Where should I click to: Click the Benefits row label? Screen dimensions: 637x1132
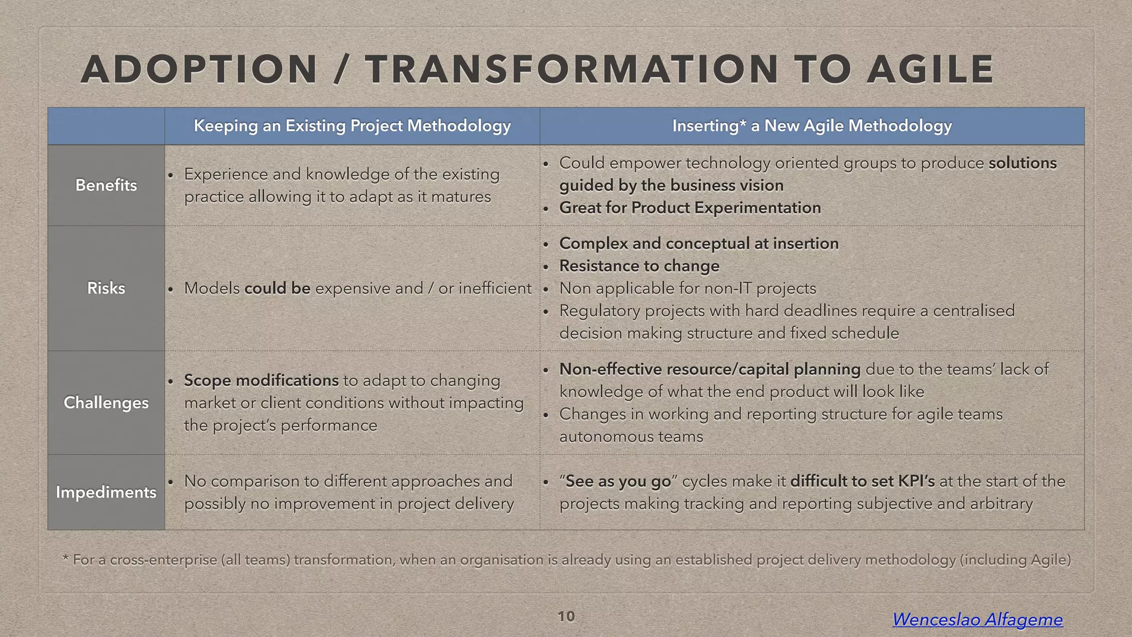click(x=106, y=185)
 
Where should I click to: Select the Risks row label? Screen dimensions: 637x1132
click(x=106, y=288)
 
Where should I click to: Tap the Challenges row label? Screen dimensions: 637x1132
click(x=106, y=403)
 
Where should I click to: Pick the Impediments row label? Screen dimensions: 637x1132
click(x=106, y=492)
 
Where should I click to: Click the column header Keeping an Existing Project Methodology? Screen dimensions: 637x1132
click(x=352, y=126)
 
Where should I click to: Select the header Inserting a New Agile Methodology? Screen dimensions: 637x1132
click(x=812, y=126)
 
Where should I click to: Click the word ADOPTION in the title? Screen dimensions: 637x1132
click(x=199, y=70)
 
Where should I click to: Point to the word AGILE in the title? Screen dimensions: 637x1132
click(x=930, y=70)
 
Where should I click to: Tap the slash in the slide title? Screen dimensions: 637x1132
click(x=341, y=70)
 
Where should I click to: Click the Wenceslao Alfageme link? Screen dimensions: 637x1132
click(x=977, y=619)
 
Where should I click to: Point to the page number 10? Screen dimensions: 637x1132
click(x=566, y=617)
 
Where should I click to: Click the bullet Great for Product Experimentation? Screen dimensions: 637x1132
click(x=690, y=208)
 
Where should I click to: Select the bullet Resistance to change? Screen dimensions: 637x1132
click(x=639, y=266)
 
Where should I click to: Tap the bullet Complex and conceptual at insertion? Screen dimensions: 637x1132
click(x=699, y=243)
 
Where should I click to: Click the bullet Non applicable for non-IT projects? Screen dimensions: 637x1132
click(x=688, y=289)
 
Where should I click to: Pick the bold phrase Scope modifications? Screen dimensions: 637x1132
click(x=261, y=380)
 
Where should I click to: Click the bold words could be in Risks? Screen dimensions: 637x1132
click(x=277, y=289)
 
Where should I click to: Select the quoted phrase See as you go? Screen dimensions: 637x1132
click(x=618, y=482)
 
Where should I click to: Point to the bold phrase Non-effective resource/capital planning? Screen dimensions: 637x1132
click(x=710, y=369)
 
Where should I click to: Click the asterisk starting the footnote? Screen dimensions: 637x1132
click(x=65, y=558)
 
